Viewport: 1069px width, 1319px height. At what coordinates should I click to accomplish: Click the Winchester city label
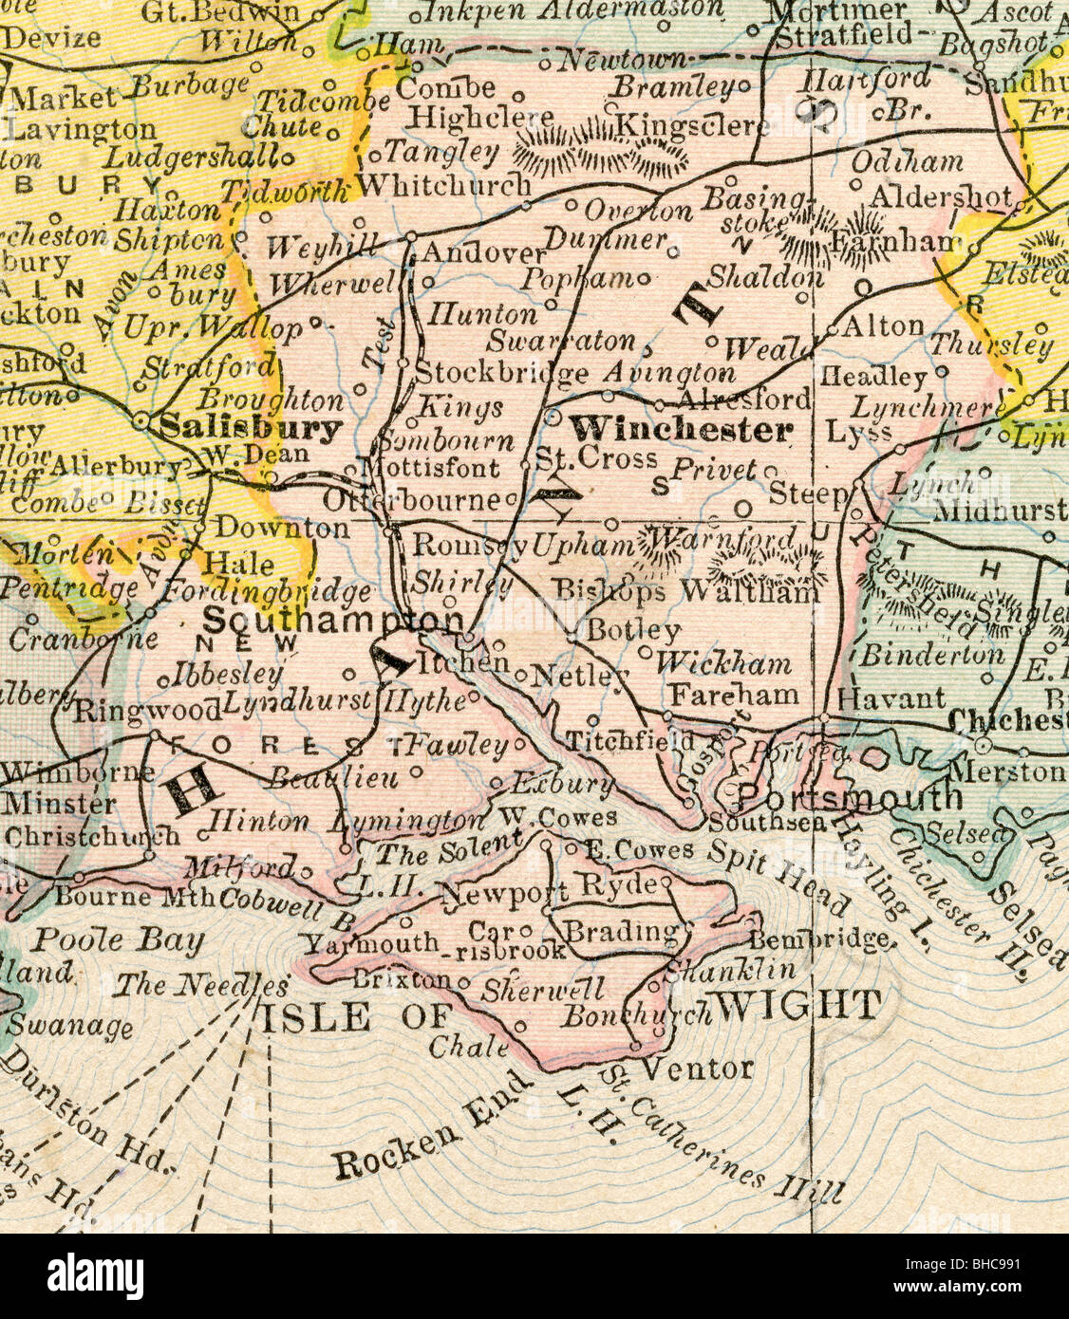click(681, 430)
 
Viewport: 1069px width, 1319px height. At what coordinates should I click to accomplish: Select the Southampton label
click(332, 622)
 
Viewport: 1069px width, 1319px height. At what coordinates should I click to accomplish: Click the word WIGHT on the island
click(797, 1005)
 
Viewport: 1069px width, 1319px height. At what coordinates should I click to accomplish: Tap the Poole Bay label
click(119, 940)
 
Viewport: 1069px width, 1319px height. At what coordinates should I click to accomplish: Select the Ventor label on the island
click(698, 1069)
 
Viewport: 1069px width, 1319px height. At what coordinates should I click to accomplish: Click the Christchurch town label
click(91, 837)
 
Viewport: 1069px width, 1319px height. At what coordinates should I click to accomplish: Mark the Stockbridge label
click(501, 372)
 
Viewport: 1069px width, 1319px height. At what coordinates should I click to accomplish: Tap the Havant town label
click(891, 697)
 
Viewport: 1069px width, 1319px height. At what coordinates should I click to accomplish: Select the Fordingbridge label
click(268, 592)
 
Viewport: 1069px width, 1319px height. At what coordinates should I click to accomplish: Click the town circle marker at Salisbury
click(141, 417)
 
